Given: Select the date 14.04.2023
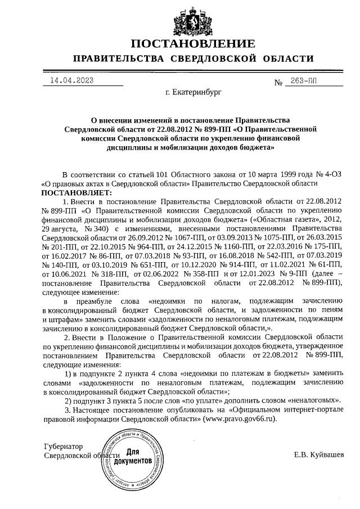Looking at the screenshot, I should [71, 80].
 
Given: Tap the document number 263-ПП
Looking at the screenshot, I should [304, 81].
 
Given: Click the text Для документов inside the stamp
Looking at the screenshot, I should [133, 457].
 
